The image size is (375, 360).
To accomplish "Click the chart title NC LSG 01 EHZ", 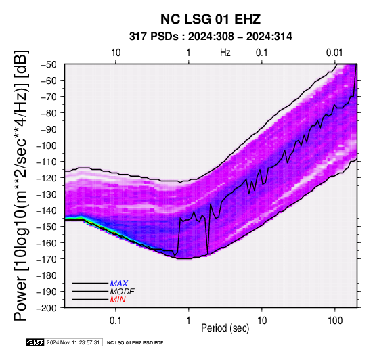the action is click(x=211, y=19).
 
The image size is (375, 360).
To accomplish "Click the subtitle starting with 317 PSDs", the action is click(x=211, y=37).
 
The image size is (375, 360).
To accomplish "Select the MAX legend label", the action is click(x=119, y=284).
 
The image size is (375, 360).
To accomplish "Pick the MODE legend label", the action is click(x=123, y=292).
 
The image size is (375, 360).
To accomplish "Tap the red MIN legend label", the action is click(x=118, y=300).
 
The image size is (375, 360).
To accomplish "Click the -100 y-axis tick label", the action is click(x=46, y=145).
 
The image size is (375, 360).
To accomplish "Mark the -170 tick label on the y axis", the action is click(x=46, y=259).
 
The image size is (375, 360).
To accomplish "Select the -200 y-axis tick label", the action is click(x=46, y=308).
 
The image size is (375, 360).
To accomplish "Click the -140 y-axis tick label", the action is click(x=46, y=210).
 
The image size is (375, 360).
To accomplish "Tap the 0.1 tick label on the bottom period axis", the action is click(x=116, y=321).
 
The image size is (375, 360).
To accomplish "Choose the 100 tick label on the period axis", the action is click(x=335, y=321).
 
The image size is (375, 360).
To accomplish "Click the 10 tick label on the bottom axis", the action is click(x=262, y=321).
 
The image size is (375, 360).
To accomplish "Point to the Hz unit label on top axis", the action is click(x=225, y=53).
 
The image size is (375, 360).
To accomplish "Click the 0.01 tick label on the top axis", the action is click(x=334, y=53).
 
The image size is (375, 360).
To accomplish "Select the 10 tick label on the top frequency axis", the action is click(x=116, y=53).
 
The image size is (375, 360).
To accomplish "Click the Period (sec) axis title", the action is click(x=225, y=328).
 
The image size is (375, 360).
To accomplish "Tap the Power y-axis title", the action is click(x=21, y=185).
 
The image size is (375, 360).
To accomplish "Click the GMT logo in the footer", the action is click(x=35, y=343).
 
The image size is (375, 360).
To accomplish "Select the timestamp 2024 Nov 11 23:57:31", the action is click(x=73, y=343).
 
